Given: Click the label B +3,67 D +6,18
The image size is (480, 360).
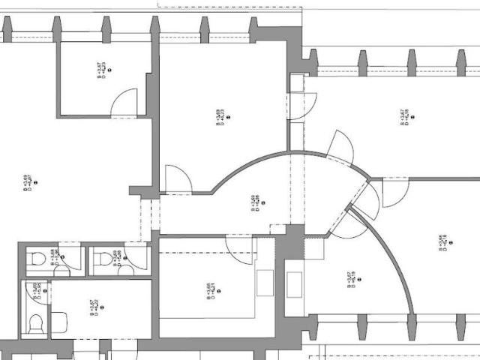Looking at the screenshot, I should pos(404,118).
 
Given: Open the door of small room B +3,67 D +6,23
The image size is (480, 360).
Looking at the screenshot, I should pos(124,103).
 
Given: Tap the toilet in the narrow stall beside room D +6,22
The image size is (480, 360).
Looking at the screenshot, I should pos(34,323).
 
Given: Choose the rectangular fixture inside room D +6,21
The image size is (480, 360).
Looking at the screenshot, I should pos(266,283).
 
